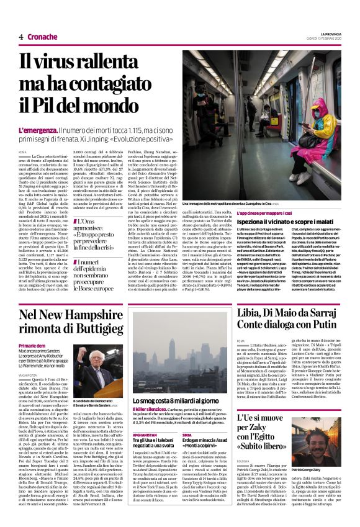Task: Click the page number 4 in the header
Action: point(21,37)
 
